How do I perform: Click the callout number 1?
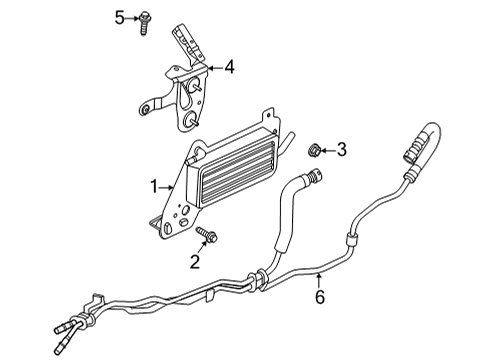155,185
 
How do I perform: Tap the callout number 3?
341,150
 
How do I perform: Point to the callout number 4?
230,68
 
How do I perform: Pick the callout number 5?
118,18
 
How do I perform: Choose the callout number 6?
320,296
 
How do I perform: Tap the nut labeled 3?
310,150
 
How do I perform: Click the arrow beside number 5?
131,18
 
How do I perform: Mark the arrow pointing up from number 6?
320,279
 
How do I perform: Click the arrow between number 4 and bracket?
213,68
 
